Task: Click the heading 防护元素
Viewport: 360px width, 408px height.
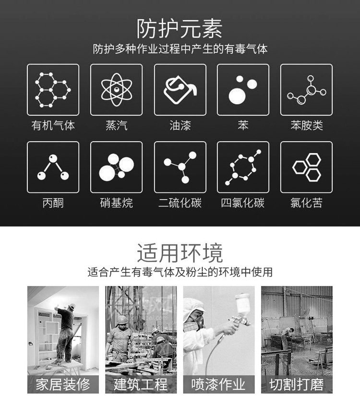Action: [180, 29]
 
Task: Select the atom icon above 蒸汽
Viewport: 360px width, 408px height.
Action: [116, 90]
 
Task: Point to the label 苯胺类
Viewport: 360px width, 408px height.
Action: [307, 125]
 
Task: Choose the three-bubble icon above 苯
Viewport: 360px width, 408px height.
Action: [243, 90]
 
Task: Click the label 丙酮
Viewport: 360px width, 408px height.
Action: [53, 203]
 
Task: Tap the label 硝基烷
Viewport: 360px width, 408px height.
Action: [116, 203]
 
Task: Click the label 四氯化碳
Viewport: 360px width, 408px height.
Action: [243, 203]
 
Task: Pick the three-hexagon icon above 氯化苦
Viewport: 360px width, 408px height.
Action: [306, 167]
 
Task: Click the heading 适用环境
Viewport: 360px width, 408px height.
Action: [180, 253]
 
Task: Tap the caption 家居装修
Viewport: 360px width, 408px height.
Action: [63, 384]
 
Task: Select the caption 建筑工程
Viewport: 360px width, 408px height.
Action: [141, 384]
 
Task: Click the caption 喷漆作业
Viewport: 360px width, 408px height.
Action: [218, 384]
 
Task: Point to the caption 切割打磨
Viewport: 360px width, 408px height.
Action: [297, 384]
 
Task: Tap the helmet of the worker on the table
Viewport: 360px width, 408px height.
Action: [72, 307]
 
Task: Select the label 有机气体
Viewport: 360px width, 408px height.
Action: [53, 125]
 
